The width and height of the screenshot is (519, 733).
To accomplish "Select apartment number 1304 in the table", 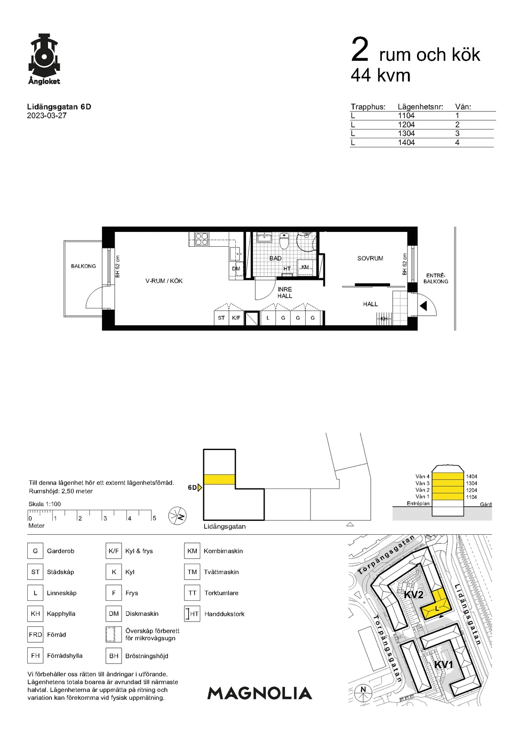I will [x=406, y=133].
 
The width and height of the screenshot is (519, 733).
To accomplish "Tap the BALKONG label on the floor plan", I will [x=83, y=266].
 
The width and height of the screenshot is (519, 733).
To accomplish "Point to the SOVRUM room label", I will [x=370, y=258].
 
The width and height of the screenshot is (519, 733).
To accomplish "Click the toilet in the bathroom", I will [x=284, y=241].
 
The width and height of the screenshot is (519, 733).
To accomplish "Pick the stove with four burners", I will [x=202, y=239].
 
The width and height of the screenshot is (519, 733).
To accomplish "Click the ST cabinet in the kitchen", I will [x=221, y=318].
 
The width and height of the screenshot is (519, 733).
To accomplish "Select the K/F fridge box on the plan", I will [x=236, y=318].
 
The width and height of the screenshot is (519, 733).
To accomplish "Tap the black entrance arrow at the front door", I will [x=423, y=306].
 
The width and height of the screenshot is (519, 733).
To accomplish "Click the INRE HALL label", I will [x=285, y=292].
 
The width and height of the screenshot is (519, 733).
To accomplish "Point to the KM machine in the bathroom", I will [x=305, y=267].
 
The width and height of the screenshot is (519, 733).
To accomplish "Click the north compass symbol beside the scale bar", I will [x=177, y=516].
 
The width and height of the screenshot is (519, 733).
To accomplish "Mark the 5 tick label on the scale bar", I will [x=154, y=518].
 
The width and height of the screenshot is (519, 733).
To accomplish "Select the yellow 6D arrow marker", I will [x=199, y=488].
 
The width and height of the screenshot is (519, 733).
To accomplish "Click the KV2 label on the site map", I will [x=413, y=595].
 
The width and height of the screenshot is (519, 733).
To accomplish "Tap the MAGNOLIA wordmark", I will [x=259, y=693].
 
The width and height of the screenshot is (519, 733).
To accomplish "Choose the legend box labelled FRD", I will [x=35, y=635].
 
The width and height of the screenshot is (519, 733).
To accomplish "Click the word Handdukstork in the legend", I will [x=224, y=614].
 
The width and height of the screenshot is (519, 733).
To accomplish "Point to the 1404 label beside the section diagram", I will [x=471, y=476].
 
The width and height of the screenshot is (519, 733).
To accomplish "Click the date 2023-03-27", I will [x=47, y=116].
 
